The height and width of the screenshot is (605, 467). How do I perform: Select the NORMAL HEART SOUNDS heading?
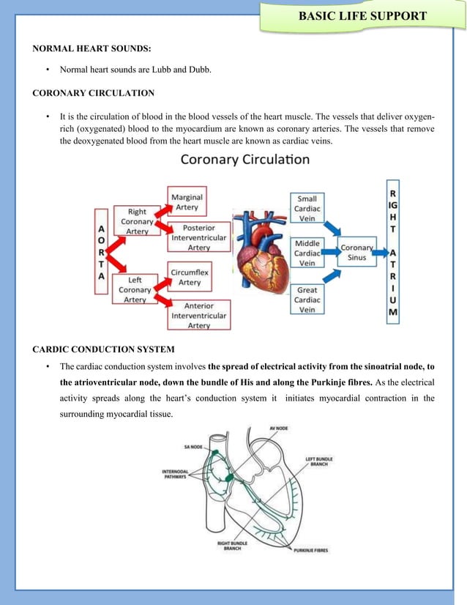point(92,49)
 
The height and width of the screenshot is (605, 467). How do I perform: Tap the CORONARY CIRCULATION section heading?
point(92,93)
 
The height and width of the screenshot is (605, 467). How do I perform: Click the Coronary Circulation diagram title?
point(245,159)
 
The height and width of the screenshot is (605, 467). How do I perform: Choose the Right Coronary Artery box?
point(137,221)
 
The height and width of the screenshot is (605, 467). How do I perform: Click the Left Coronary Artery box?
point(135,289)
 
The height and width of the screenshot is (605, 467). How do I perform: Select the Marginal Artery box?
point(187,201)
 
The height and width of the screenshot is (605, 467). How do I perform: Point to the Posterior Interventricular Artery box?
point(199,237)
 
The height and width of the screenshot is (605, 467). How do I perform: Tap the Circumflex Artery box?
point(190,277)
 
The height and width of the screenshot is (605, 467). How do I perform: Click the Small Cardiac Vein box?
point(307,208)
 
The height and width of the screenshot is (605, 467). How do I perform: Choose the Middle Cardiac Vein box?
point(307,253)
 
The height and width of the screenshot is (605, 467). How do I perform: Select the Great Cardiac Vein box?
point(307,299)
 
